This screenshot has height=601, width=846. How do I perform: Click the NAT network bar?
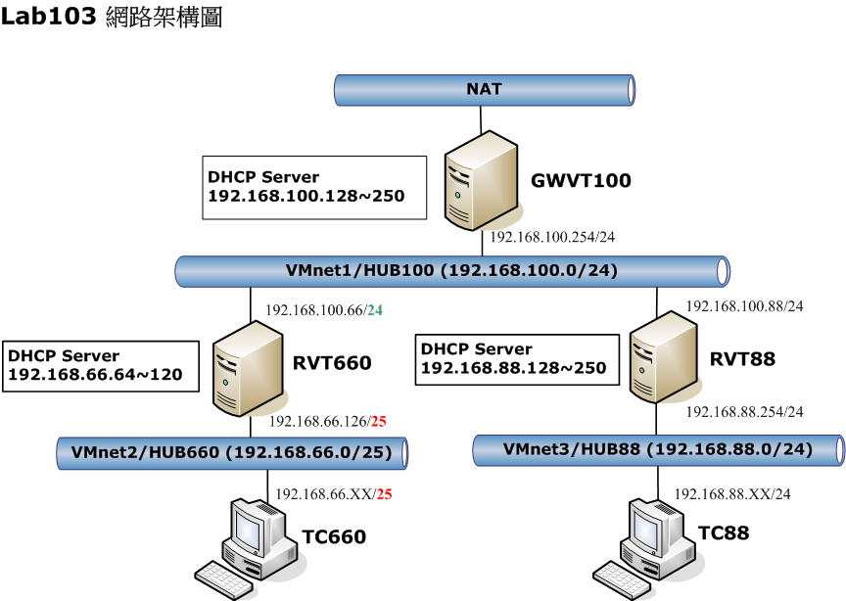pos(484,90)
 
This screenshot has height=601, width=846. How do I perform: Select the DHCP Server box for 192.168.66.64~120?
pos(98,366)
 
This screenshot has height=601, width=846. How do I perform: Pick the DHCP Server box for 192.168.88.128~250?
pos(518,359)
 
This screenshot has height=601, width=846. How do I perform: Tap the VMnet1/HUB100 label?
pos(451,270)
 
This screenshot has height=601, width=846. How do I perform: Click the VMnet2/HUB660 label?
pos(231,452)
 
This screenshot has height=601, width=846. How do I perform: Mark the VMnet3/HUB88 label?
pos(658,449)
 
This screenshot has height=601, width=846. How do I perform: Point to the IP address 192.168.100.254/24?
pos(552,237)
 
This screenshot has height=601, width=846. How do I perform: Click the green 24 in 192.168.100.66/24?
pos(375,310)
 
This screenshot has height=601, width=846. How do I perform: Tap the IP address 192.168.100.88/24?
pos(744,306)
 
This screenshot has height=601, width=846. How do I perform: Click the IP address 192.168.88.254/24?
pos(744,412)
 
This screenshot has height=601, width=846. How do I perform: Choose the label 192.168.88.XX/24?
pos(732,495)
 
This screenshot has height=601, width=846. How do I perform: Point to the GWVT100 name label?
pos(581,180)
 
